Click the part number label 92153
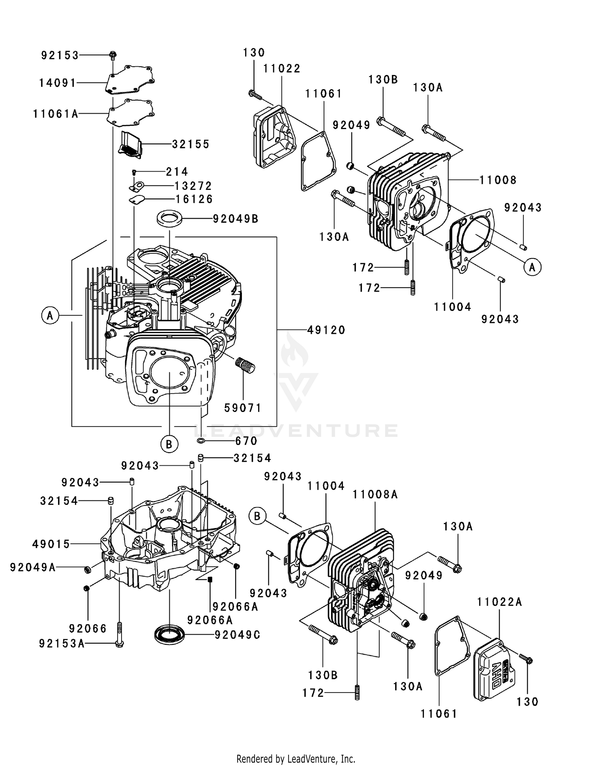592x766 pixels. [x=60, y=56]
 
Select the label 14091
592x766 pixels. [x=58, y=83]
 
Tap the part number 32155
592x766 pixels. [x=191, y=144]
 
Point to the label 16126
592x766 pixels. [x=194, y=199]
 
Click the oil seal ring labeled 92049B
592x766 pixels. [x=170, y=218]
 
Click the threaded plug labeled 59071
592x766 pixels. [x=245, y=365]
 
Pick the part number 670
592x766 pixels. [x=246, y=441]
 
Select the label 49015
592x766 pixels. [x=51, y=544]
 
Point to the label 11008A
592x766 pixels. [x=375, y=494]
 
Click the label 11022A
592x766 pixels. [x=499, y=602]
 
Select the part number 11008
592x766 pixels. [x=498, y=180]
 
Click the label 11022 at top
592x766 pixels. [x=282, y=69]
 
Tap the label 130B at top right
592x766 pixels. [x=383, y=80]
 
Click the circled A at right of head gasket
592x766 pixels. [x=532, y=267]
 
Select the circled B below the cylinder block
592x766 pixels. [x=169, y=444]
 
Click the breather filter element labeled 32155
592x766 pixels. [x=131, y=145]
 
